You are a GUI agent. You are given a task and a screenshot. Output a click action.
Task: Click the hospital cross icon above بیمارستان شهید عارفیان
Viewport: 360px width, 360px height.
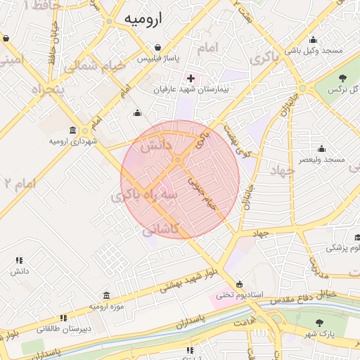point(191,77)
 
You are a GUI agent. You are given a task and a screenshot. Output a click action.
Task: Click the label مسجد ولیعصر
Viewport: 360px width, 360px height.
point(321,160)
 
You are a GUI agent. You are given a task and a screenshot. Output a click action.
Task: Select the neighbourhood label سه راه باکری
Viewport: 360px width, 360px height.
point(147,195)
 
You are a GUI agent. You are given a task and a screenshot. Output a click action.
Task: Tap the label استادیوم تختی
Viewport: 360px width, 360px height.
point(239,295)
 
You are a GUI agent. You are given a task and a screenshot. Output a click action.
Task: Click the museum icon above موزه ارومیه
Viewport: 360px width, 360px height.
point(106,295)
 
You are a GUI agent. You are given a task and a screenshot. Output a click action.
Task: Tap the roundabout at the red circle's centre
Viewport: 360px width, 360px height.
point(179,160)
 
